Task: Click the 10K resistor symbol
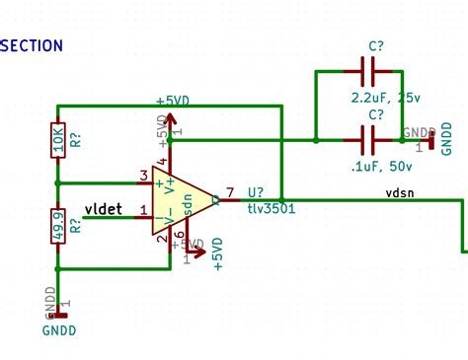[58, 144]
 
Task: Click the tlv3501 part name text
[273, 208]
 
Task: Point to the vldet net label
[103, 208]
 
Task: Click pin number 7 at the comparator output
[230, 192]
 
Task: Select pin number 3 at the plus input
[144, 176]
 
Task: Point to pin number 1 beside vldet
[144, 209]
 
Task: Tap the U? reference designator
[256, 193]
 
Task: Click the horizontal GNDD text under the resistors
[59, 331]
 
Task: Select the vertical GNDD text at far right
[447, 138]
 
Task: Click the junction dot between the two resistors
[58, 182]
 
